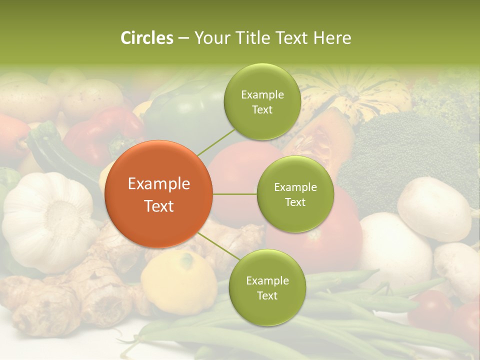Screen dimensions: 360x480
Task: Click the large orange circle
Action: tap(159, 194)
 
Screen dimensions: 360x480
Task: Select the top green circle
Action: tap(262, 101)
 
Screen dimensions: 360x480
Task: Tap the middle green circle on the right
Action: tap(295, 194)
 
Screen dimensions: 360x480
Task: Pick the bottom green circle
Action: tap(267, 287)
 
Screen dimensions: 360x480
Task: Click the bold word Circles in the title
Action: tap(146, 38)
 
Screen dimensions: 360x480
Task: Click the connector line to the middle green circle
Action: tap(235, 194)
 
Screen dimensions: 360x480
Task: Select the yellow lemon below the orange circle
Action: tap(177, 280)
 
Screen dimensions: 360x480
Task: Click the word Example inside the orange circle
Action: tap(159, 184)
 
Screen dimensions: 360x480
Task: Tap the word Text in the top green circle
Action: tap(262, 109)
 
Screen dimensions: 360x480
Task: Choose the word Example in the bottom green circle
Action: tap(267, 280)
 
